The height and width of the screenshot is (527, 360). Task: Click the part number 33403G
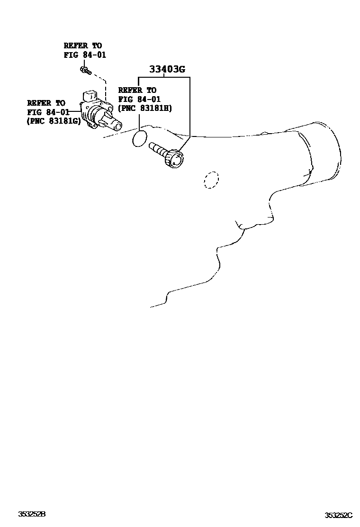(x=167, y=70)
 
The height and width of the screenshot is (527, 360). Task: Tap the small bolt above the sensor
(x=85, y=71)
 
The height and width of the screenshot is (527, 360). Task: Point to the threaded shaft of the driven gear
(x=157, y=149)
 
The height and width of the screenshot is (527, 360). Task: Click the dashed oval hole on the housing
(x=211, y=180)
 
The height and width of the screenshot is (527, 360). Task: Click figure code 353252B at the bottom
(x=32, y=514)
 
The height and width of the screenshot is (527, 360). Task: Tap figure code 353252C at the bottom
(x=339, y=515)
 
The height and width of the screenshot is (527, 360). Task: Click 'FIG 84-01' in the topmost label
(x=85, y=55)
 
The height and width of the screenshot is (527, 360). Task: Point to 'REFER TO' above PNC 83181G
(x=46, y=103)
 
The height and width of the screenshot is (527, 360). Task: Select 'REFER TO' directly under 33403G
(x=137, y=90)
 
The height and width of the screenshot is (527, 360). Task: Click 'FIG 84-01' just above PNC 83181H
(x=139, y=99)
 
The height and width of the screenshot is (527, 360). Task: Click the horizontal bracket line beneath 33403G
(x=164, y=77)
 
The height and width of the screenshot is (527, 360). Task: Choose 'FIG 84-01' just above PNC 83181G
(x=48, y=112)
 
